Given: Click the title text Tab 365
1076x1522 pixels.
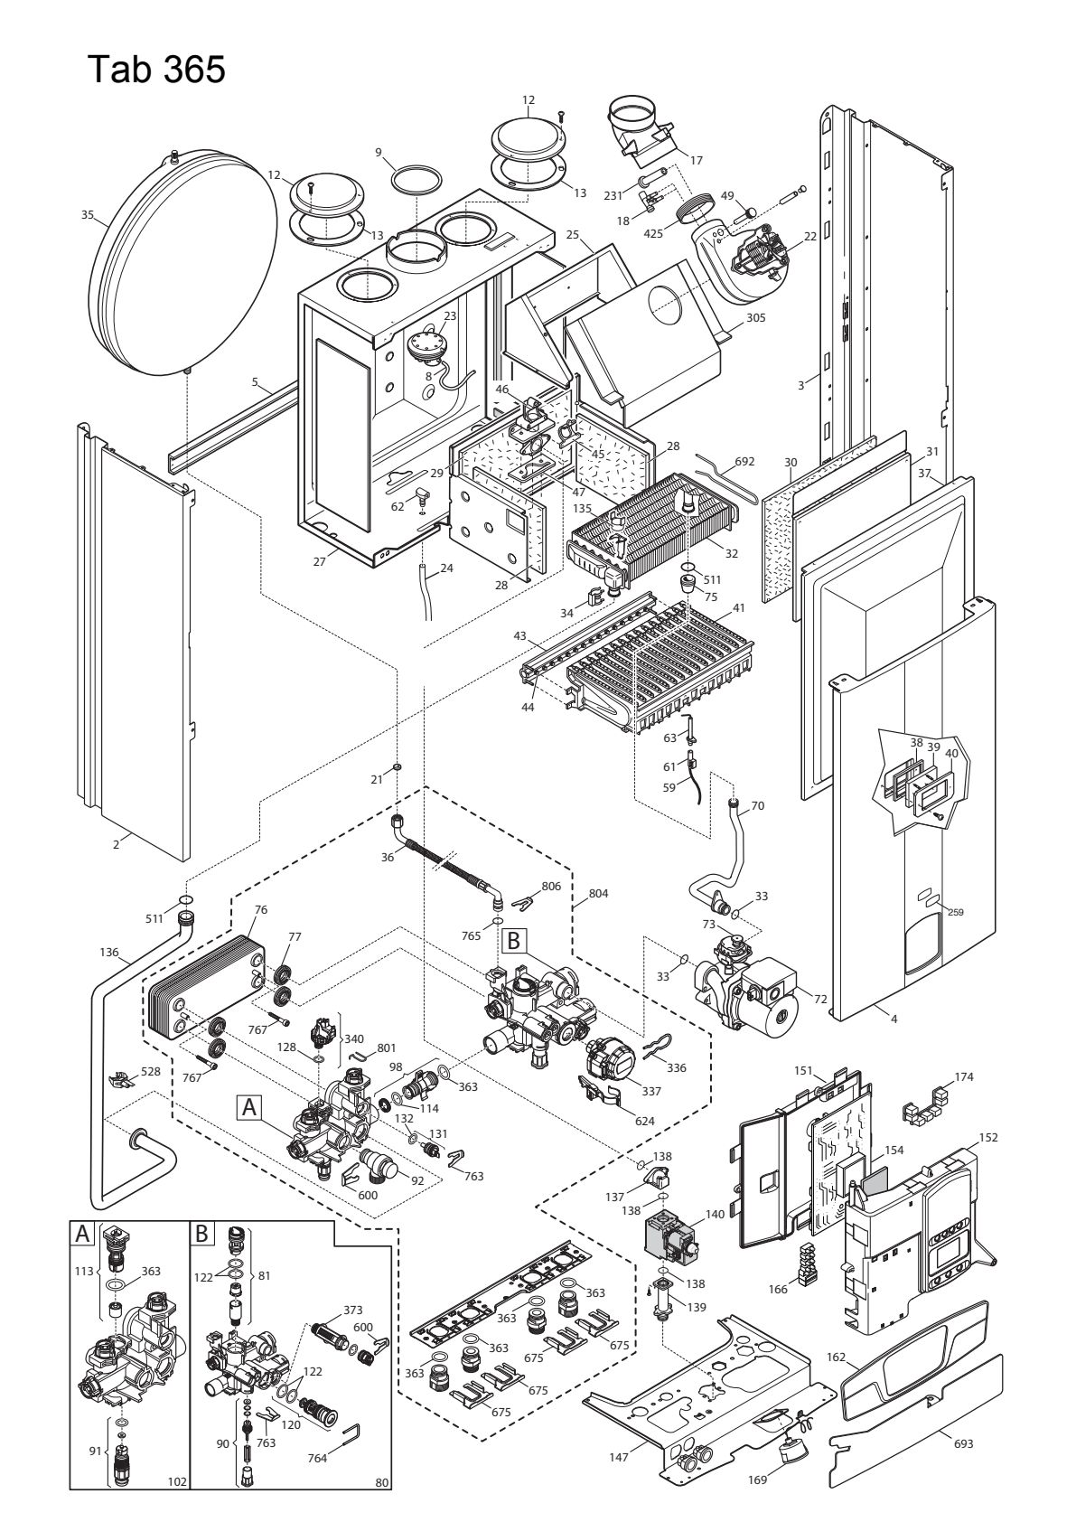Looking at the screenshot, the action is pos(156,70).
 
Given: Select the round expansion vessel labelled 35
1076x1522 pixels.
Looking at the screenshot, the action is pos(183,265).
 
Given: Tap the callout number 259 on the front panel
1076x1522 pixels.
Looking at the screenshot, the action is pos(955,912).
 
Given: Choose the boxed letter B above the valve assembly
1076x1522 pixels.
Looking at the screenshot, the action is pos(513,940).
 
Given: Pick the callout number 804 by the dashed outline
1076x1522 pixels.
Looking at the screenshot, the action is pos(598,893).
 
